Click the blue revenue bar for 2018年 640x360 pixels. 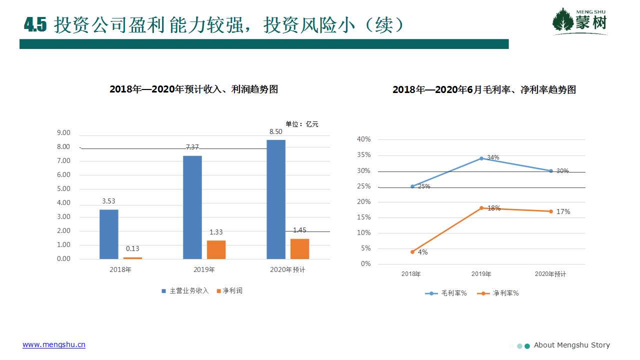(x=109, y=234)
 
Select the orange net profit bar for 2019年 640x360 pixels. (x=216, y=249)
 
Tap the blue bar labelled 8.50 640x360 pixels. (x=276, y=199)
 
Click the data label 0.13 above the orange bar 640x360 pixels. (x=132, y=248)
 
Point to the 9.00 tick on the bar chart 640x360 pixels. (x=63, y=133)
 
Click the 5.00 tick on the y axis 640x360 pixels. (x=63, y=189)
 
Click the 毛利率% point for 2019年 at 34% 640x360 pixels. (x=481, y=158)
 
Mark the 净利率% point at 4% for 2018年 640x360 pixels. (x=412, y=252)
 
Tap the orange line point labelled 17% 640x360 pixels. (x=551, y=211)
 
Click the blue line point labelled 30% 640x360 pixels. (x=551, y=171)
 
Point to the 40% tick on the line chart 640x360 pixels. (x=363, y=139)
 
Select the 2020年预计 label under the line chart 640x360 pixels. (x=550, y=274)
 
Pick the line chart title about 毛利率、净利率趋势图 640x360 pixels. (x=484, y=90)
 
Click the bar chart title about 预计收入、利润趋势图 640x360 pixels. (x=193, y=89)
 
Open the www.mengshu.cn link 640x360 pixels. (x=54, y=345)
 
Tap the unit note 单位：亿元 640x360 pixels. (x=301, y=124)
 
